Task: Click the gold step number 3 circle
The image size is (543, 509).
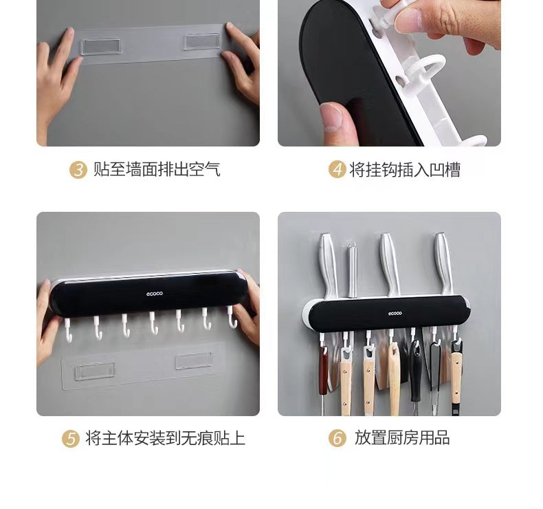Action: [x=78, y=170]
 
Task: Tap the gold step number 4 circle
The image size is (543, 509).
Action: [x=337, y=169]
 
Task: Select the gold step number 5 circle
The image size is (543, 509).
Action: [x=71, y=438]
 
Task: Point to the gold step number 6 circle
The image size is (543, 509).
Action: [x=337, y=438]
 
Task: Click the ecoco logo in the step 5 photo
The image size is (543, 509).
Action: [x=154, y=294]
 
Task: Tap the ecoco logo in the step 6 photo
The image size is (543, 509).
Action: [x=395, y=314]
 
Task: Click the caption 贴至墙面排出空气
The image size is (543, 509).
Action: [x=157, y=170]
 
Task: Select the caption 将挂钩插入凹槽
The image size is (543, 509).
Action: [x=405, y=170]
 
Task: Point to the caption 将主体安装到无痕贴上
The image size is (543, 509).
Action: [x=165, y=438]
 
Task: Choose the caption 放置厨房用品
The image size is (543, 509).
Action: [x=402, y=437]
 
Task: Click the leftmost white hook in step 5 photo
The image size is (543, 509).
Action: [x=68, y=331]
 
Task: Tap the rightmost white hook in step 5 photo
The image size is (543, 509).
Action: [x=232, y=317]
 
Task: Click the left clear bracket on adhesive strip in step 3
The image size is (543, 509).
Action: [x=101, y=47]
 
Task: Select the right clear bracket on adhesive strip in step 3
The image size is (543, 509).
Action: [x=202, y=41]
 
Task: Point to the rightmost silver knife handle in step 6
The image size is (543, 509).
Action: [x=443, y=263]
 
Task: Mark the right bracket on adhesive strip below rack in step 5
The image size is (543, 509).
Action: [x=194, y=360]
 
